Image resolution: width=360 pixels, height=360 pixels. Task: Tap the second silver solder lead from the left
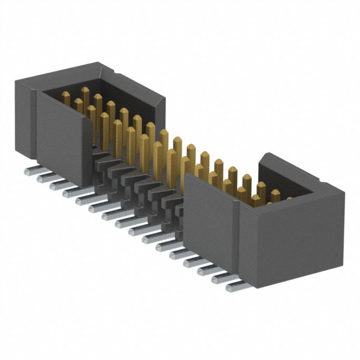click(43, 178)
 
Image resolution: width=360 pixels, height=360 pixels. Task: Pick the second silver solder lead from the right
click(221, 278)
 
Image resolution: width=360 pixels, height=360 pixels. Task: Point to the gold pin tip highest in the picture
click(85, 90)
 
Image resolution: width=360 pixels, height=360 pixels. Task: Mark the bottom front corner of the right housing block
click(256, 287)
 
